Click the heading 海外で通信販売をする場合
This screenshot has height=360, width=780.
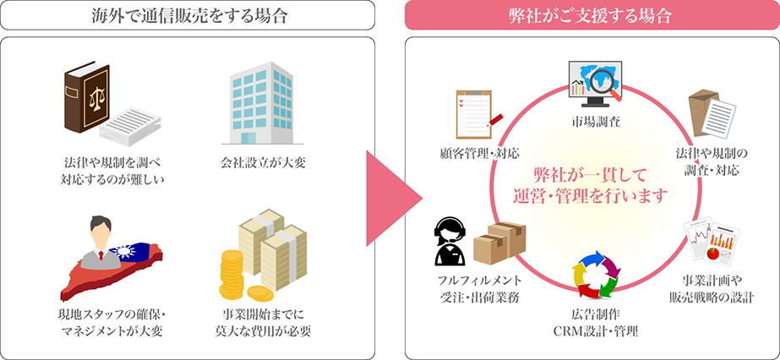188,14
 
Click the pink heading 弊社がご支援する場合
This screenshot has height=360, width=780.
592,14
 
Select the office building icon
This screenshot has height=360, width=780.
257,101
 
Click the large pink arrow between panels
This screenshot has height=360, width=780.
390,180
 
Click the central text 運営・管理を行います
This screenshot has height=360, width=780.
590,194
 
